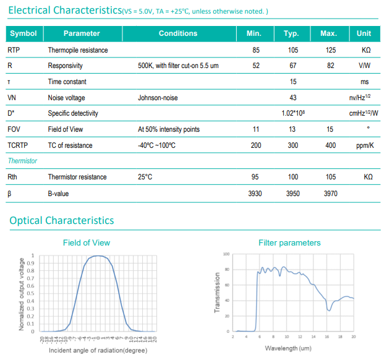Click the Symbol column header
pyautogui.click(x=23, y=33)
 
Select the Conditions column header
pyautogui.click(x=178, y=33)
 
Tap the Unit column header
pyautogui.click(x=364, y=33)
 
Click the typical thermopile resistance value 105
pyautogui.click(x=292, y=50)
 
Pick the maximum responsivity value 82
pyautogui.click(x=331, y=66)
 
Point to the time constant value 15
pyautogui.click(x=293, y=82)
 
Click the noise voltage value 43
pyautogui.click(x=292, y=98)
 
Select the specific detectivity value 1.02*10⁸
pyautogui.click(x=293, y=113)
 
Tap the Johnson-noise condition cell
pyautogui.click(x=158, y=98)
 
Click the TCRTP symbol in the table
pyautogui.click(x=17, y=145)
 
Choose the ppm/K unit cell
pyautogui.click(x=365, y=145)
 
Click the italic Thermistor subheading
pyautogui.click(x=22, y=161)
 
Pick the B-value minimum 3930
pyautogui.click(x=255, y=194)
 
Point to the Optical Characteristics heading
pyautogui.click(x=61, y=220)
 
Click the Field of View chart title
pyautogui.click(x=87, y=242)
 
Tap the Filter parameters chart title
pyautogui.click(x=289, y=242)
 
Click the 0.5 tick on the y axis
pyautogui.click(x=30, y=293)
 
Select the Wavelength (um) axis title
pyautogui.click(x=288, y=348)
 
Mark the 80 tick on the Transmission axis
pyautogui.click(x=227, y=270)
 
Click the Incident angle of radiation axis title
pyautogui.click(x=98, y=351)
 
